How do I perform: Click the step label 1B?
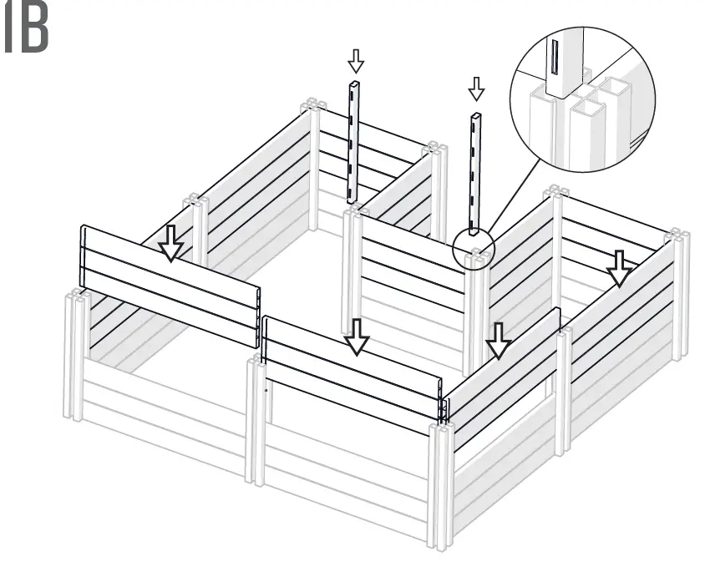26,32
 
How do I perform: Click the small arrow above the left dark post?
356,60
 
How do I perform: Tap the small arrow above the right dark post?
476,88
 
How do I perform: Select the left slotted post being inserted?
354,142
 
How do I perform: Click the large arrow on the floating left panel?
171,242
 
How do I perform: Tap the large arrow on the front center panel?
358,337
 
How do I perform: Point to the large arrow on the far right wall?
619,267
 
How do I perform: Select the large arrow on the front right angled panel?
499,342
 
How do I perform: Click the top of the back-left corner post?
311,106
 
